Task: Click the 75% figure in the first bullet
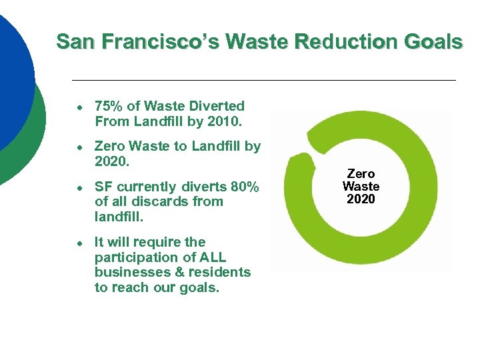tap(107, 106)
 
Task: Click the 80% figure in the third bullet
tap(243, 187)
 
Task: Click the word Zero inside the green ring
tap(361, 174)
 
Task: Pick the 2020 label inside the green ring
tap(361, 199)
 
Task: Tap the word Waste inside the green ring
tap(361, 187)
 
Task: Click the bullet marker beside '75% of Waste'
tap(79, 107)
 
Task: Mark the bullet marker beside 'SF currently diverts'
tap(79, 187)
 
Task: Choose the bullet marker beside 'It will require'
tap(79, 243)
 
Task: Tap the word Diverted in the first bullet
tap(217, 106)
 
